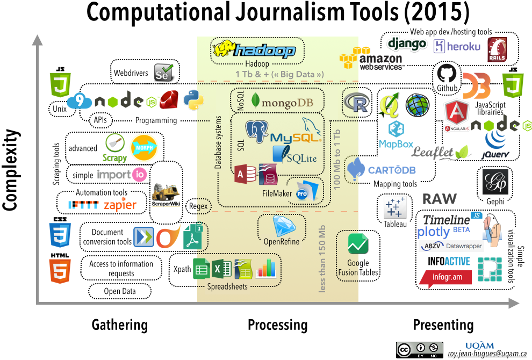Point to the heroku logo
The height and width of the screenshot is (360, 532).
pyautogui.click(x=457, y=47)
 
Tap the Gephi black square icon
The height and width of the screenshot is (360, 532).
pyautogui.click(x=495, y=182)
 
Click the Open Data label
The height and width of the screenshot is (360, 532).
pyautogui.click(x=120, y=291)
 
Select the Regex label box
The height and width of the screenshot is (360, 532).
pyautogui.click(x=198, y=206)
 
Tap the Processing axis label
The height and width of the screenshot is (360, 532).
pyautogui.click(x=277, y=325)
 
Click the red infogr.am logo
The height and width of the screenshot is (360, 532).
pyautogui.click(x=445, y=277)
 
